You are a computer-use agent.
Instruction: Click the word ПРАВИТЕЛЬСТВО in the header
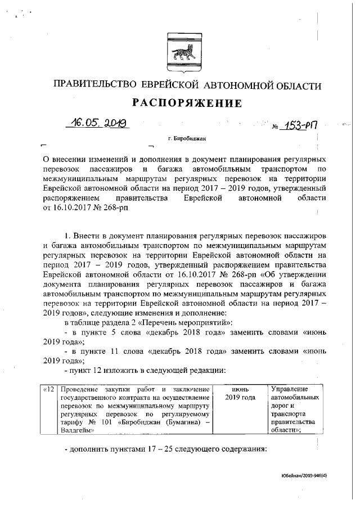click(93, 85)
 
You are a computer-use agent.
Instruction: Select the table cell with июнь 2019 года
click(240, 393)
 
